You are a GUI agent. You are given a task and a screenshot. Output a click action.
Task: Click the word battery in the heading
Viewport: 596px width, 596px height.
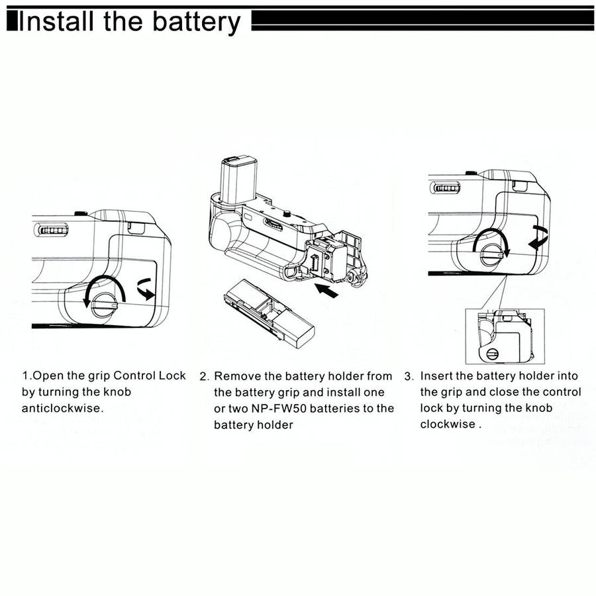(x=196, y=21)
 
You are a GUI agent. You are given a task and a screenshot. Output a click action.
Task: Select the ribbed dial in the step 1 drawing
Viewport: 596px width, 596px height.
(x=52, y=231)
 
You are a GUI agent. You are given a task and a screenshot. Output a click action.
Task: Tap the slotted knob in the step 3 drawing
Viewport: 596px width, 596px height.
(x=491, y=252)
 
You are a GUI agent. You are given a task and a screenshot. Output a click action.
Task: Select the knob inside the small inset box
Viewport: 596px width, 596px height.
(x=492, y=353)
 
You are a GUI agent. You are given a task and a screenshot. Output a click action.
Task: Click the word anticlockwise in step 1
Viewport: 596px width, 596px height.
(x=62, y=408)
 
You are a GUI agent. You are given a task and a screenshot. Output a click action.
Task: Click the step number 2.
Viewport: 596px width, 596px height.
(x=204, y=377)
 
